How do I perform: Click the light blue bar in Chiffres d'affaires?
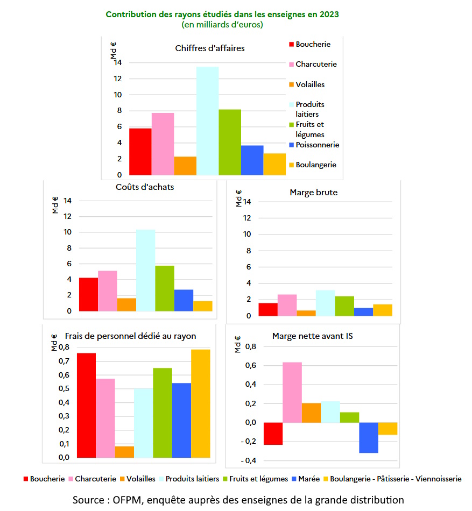[x=207, y=121]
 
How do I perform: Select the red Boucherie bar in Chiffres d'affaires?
[x=140, y=152]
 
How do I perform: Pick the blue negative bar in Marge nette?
[x=368, y=437]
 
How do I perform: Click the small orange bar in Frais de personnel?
[x=124, y=452]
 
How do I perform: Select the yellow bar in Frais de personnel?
[x=201, y=403]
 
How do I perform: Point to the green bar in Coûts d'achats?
[x=164, y=288]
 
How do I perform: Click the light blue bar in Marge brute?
[x=325, y=303]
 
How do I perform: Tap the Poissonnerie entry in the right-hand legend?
[x=317, y=145]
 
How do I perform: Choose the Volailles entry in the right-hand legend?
[x=310, y=84]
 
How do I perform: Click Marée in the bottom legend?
[x=309, y=479]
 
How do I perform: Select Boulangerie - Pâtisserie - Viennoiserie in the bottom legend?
[x=395, y=479]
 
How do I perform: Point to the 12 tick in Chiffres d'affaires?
[x=118, y=79]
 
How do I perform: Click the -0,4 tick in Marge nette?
[x=250, y=461]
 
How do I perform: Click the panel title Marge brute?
[x=313, y=192]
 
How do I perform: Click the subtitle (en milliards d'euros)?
[x=222, y=25]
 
